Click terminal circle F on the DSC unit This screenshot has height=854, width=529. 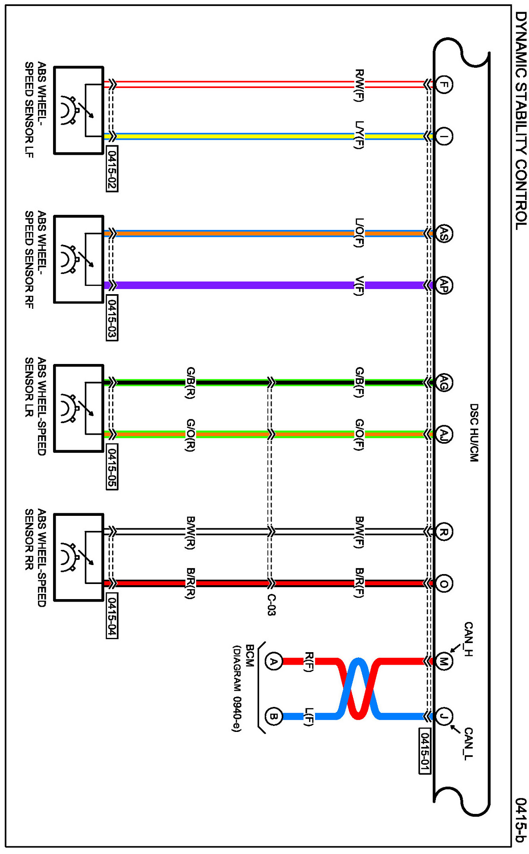click(443, 84)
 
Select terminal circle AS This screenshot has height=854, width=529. click(443, 233)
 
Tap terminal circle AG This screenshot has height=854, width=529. click(443, 382)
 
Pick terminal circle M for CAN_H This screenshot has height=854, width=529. click(443, 661)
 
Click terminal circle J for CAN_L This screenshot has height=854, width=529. click(443, 716)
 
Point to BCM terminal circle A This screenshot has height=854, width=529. click(273, 661)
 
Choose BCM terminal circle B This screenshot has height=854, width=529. click(273, 716)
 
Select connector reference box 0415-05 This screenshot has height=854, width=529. click(112, 467)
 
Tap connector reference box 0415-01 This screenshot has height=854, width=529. click(425, 751)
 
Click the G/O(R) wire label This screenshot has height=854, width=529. click(191, 435)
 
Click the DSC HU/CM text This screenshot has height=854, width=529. click(474, 433)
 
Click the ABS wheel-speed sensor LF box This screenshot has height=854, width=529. click(78, 110)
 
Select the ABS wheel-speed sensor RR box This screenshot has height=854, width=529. click(78, 557)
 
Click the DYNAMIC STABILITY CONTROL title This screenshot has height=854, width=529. click(521, 120)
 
